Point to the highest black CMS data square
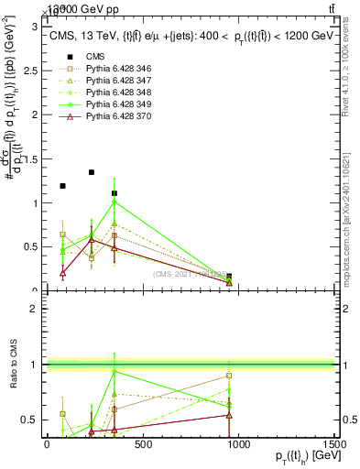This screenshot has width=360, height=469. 92,172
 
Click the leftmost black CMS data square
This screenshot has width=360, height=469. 62,186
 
